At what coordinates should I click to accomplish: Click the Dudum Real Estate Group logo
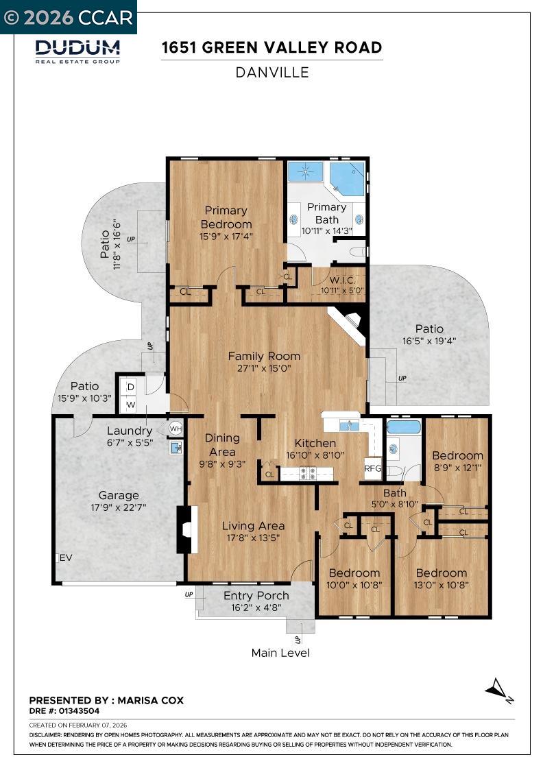[77, 51]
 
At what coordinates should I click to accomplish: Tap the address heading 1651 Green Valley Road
[271, 47]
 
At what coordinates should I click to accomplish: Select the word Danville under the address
[271, 72]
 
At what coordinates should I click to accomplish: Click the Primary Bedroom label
[226, 217]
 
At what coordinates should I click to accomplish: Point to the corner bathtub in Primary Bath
[347, 178]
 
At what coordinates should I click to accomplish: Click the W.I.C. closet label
[341, 280]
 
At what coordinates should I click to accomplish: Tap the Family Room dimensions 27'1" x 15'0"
[264, 368]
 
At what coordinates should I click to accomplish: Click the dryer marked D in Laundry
[130, 387]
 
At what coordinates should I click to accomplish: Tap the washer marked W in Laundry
[130, 405]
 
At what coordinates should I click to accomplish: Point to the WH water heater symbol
[175, 428]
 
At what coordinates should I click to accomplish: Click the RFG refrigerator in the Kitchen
[372, 468]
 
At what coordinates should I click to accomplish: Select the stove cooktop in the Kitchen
[306, 472]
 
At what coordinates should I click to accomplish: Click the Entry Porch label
[256, 595]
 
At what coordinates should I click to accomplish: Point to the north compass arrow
[498, 688]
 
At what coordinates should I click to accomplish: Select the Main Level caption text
[280, 653]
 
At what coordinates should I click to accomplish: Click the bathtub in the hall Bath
[403, 427]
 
